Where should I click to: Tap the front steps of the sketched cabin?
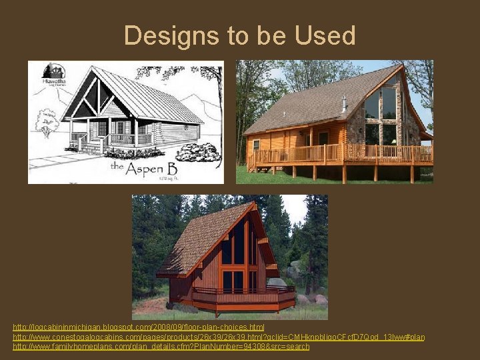point(93,148)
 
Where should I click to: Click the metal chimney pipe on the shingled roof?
point(344,104)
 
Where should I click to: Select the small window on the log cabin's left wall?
point(255,145)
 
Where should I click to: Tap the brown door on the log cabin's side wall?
point(323,140)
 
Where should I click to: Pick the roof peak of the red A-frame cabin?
point(253,203)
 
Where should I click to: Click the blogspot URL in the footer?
point(139,327)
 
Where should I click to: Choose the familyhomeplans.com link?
point(161,347)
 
